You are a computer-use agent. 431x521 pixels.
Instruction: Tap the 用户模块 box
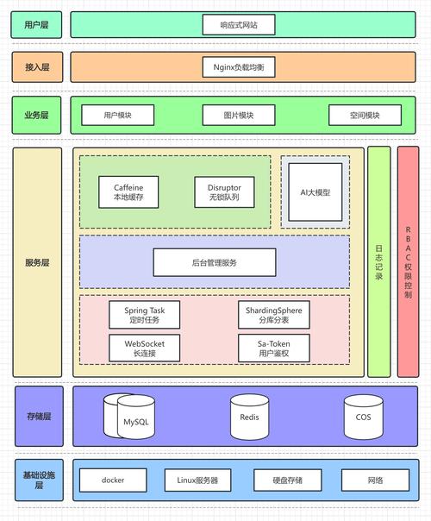tap(117, 116)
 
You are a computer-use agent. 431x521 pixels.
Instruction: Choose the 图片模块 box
tap(239, 116)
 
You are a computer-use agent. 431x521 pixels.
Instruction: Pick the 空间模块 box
tap(365, 116)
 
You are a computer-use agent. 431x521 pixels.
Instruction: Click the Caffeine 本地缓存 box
tap(128, 192)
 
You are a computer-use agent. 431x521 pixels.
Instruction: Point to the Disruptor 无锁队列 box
tap(218, 192)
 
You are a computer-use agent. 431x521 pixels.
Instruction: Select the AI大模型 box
tap(315, 192)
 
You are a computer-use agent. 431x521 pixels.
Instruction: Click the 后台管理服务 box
tap(215, 262)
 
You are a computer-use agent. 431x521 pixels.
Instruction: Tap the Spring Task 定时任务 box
tap(133, 314)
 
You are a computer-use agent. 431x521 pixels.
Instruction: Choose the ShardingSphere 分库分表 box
tap(272, 314)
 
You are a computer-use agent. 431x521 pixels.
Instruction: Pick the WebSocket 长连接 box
tap(133, 348)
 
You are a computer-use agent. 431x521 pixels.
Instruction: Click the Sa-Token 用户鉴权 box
tap(272, 348)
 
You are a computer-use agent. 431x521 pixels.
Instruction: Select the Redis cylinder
tap(250, 417)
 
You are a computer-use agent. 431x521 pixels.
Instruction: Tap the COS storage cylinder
tap(363, 417)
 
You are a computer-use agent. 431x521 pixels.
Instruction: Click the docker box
tap(113, 480)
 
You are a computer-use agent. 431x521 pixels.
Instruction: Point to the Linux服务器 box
tap(197, 480)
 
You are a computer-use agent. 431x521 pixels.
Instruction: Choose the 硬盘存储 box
tap(287, 480)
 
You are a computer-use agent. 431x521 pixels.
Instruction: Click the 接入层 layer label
tap(37, 66)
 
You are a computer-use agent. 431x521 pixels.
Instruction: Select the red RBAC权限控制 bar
tap(408, 261)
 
